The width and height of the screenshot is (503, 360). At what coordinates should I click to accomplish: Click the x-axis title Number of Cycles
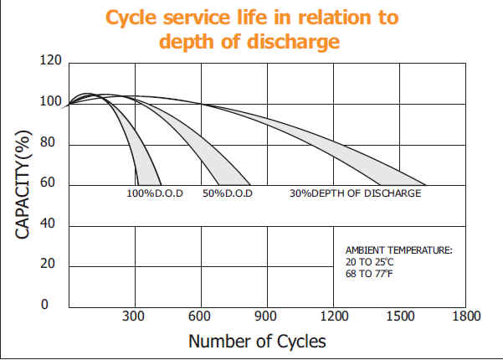point(257,341)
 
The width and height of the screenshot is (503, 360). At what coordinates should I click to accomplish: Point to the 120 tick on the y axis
point(51,62)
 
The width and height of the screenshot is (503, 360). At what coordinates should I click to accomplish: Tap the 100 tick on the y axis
point(51,102)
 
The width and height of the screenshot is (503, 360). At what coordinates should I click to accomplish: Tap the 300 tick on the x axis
point(135,316)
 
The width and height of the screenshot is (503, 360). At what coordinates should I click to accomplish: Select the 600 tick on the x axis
point(201,316)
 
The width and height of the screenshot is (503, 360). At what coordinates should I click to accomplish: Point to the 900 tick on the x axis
point(267,316)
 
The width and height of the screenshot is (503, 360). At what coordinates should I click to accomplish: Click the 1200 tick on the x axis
point(333,316)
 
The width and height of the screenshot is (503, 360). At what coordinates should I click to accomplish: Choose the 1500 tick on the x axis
point(399,316)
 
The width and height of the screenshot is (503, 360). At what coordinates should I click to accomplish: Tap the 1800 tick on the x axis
point(465,316)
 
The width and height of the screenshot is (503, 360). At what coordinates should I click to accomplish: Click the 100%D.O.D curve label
point(151,194)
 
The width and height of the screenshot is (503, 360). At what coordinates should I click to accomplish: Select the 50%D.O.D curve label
point(228,194)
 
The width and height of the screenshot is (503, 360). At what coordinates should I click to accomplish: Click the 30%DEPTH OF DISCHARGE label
point(356,194)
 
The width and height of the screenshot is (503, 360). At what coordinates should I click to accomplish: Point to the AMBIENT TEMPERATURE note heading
point(398,250)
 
